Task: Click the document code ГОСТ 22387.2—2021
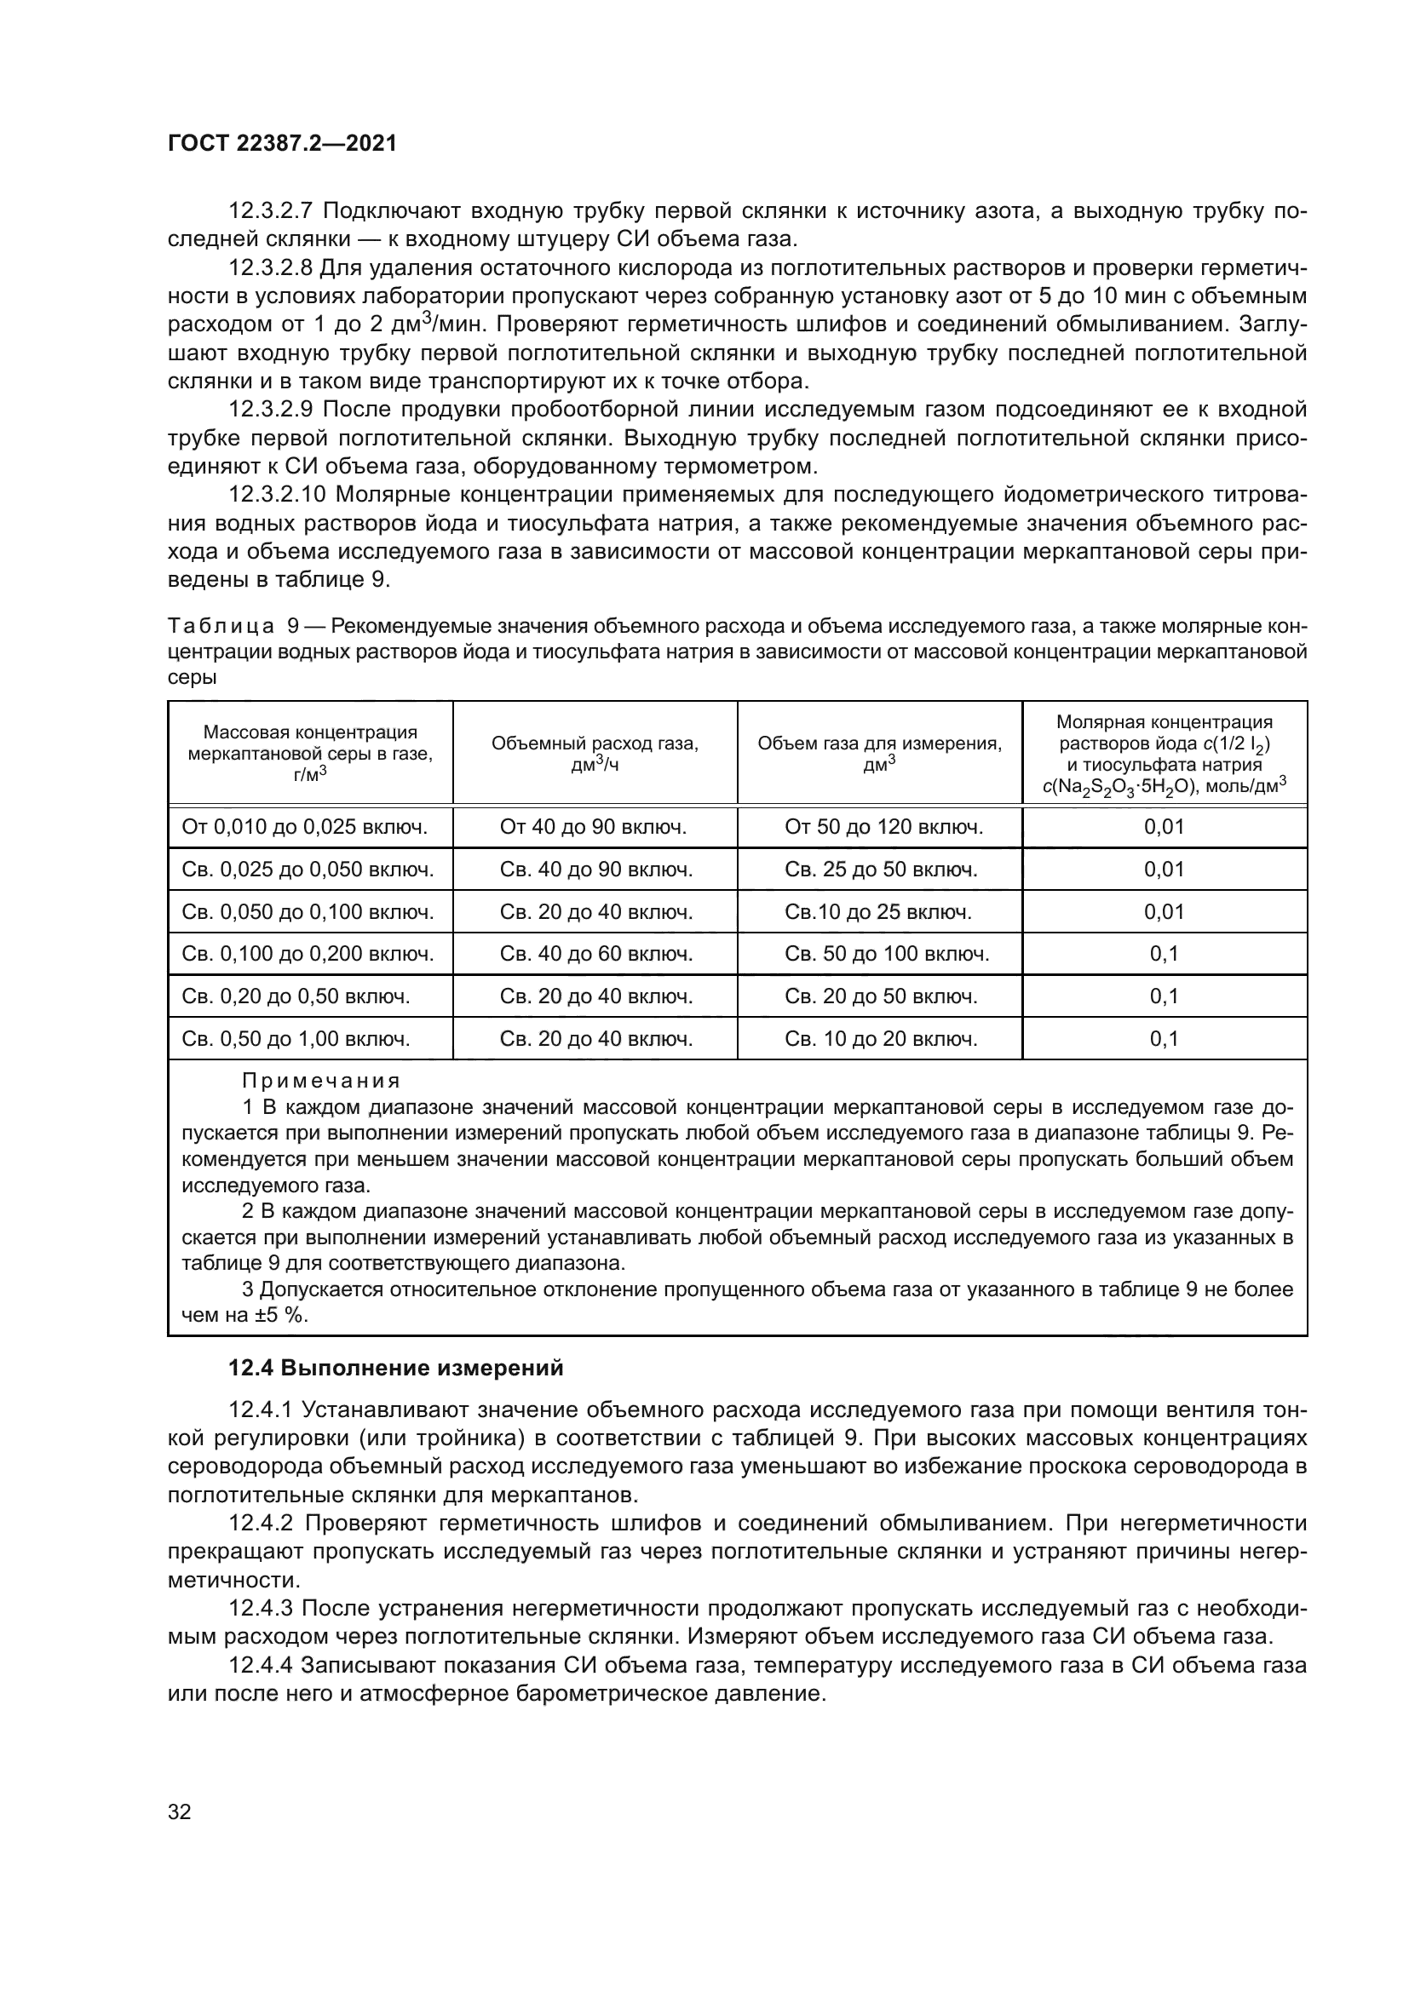pos(282,144)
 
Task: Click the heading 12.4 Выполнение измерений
pos(395,1369)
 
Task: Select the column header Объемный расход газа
pos(595,753)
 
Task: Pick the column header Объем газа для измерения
pos(879,753)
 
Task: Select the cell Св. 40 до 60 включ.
pos(596,955)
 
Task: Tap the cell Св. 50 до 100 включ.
pos(887,955)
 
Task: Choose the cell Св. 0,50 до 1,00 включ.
pos(296,1039)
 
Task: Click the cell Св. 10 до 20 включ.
pos(881,1039)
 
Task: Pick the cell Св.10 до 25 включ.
pos(878,912)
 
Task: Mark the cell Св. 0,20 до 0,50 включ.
pos(296,997)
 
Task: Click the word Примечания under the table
pos(320,1081)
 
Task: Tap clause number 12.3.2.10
pos(277,496)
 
